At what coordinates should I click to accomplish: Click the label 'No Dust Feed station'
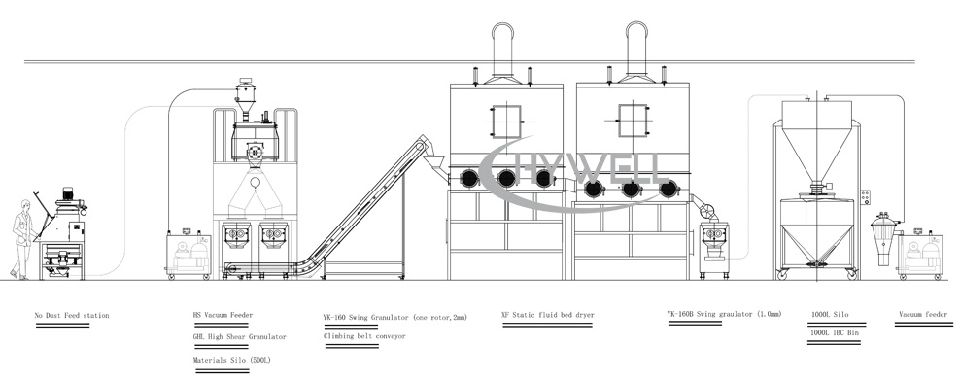pos(71,316)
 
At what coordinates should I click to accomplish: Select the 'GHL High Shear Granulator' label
pos(240,337)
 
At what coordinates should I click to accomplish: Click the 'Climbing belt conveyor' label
pos(364,336)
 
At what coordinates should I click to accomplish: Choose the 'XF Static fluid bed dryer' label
pos(547,316)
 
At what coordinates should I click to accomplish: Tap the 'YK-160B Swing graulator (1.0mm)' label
pos(724,315)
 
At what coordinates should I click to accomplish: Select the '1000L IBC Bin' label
pos(835,332)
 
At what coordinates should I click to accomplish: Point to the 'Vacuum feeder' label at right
pos(922,316)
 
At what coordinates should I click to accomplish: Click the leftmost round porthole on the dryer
pos(470,177)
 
